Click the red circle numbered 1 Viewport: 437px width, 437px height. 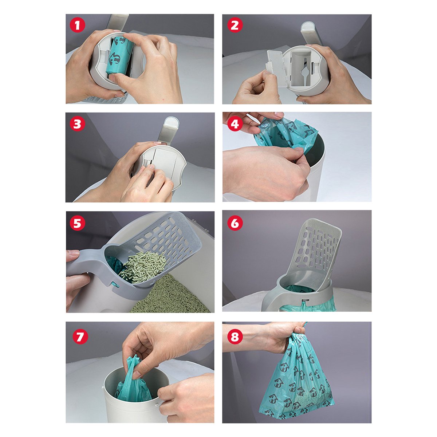click(77, 25)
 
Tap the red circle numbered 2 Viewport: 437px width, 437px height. click(235, 25)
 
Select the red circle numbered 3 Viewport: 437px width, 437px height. click(77, 124)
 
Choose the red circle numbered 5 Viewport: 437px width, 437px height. click(77, 223)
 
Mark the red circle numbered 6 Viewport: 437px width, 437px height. click(235, 223)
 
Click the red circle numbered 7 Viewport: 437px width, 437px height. click(80, 336)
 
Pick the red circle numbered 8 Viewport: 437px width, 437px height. click(235, 336)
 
